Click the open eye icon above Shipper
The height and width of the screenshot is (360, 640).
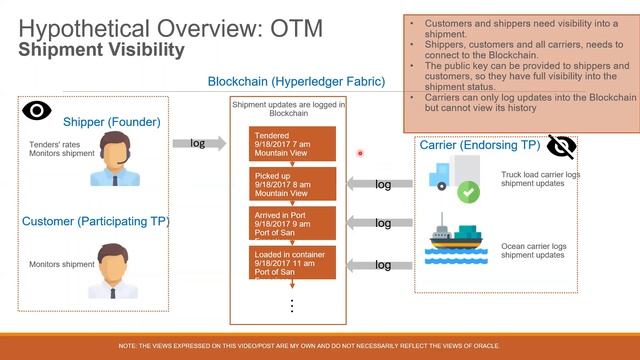(37, 111)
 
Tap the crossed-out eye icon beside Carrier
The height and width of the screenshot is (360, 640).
(561, 147)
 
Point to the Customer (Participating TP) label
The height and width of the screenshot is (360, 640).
(95, 220)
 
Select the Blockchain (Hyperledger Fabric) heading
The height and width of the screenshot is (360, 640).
(285, 81)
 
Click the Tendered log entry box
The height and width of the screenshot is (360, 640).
(292, 143)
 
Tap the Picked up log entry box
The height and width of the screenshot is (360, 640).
(292, 184)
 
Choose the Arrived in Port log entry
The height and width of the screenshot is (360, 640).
(292, 224)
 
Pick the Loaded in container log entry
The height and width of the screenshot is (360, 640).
(292, 264)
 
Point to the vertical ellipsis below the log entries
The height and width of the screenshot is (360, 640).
(292, 305)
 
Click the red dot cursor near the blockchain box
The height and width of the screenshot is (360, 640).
(360, 153)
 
